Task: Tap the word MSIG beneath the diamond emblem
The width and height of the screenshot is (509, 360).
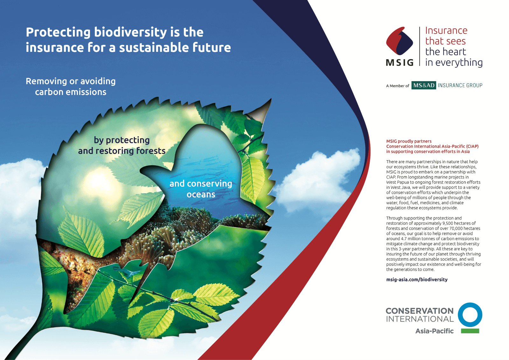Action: coord(400,62)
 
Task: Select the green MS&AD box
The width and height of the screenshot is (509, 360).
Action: coord(423,85)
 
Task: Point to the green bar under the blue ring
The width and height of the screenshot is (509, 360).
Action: coord(470,331)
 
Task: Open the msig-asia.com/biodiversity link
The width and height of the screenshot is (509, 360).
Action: coord(417,279)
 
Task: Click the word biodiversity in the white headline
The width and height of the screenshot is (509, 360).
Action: coord(130,32)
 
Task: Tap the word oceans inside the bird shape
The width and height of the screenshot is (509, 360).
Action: coord(201,194)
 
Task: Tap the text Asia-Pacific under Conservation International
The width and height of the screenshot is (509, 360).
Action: coord(435,331)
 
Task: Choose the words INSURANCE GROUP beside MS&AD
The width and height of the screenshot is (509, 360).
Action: coord(460,86)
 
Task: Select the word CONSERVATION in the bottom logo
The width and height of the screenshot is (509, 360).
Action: coord(420,311)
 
